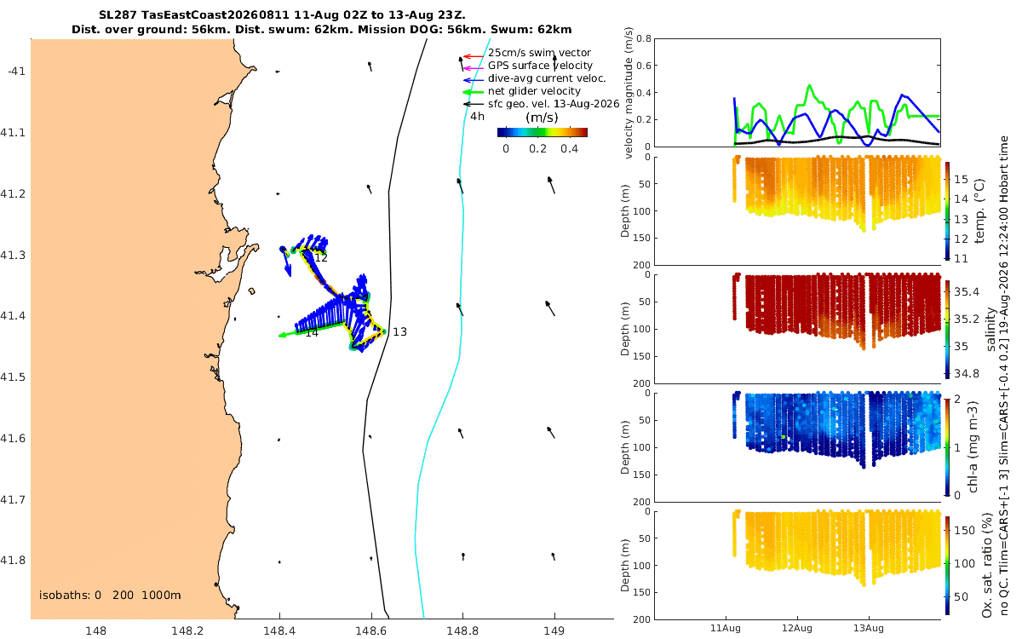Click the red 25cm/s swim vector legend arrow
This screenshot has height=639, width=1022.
pos(474,56)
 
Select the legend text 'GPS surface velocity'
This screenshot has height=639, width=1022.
pos(540,66)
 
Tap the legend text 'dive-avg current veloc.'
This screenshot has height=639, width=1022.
pos(547,78)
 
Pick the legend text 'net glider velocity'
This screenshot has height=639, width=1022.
pos(534,91)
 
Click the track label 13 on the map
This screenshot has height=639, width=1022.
pos(399,331)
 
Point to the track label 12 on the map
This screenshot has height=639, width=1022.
pos(321,258)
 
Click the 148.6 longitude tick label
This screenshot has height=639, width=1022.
pos(371,630)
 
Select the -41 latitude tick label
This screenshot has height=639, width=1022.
pos(16,72)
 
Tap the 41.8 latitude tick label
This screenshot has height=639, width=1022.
pos(13,560)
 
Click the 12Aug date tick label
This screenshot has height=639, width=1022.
pos(796,628)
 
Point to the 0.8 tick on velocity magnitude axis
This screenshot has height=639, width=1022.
pos(644,38)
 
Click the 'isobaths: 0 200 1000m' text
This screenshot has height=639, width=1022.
pos(110,596)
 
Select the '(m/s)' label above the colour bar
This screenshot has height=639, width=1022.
pos(542,118)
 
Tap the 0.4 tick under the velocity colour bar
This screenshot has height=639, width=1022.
pos(570,149)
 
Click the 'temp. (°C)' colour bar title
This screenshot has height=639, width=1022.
pos(980,211)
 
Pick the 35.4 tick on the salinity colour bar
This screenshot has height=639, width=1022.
pos(967,291)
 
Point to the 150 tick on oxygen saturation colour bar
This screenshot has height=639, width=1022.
pos(964,530)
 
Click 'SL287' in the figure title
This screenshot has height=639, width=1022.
pos(118,14)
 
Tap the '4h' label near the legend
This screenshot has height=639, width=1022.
pos(477,117)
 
